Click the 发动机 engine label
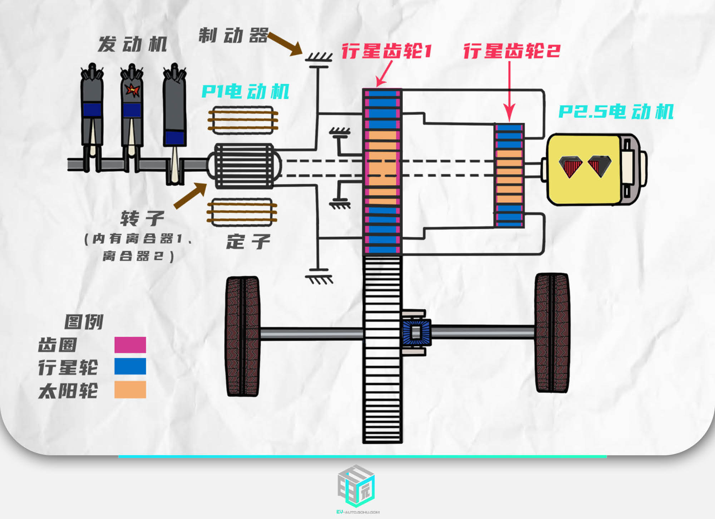(133, 44)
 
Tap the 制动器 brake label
(233, 35)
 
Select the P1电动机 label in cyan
(245, 92)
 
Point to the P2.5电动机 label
(616, 112)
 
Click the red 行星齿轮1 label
(387, 51)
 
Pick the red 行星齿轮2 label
(512, 51)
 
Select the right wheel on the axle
(552, 333)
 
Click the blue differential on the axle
(416, 333)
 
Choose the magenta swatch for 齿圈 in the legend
(130, 345)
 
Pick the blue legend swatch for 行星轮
(130, 366)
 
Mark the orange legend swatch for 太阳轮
(130, 389)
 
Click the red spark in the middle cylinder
(133, 90)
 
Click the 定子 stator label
(248, 242)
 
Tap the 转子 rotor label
(142, 218)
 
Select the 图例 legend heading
(84, 321)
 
